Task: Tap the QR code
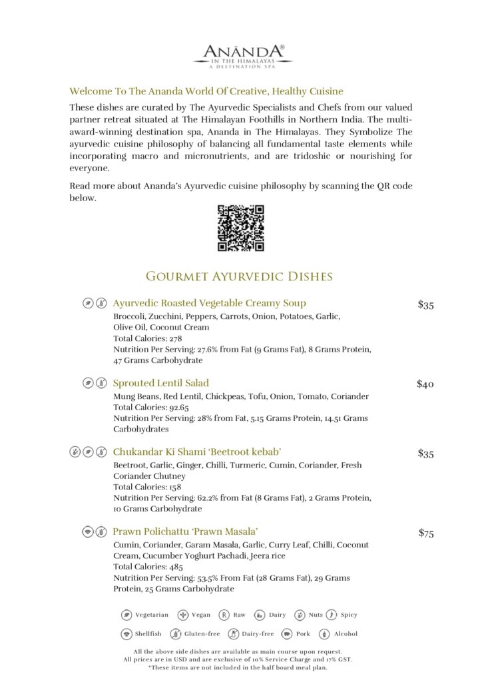pyautogui.click(x=241, y=228)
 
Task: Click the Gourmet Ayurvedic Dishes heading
pyautogui.click(x=239, y=276)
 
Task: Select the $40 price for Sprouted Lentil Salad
pyautogui.click(x=425, y=384)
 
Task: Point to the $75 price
pyautogui.click(x=425, y=533)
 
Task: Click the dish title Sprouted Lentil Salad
pyautogui.click(x=160, y=383)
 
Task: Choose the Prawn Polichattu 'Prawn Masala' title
pyautogui.click(x=185, y=531)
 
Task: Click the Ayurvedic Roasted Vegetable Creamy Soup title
pyautogui.click(x=209, y=303)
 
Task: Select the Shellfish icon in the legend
pyautogui.click(x=126, y=634)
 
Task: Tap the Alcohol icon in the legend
pyautogui.click(x=324, y=634)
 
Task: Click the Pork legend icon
pyautogui.click(x=287, y=634)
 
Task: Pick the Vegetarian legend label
pyautogui.click(x=152, y=615)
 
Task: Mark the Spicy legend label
pyautogui.click(x=349, y=615)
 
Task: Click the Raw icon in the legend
pyautogui.click(x=224, y=615)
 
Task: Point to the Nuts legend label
pyautogui.click(x=316, y=615)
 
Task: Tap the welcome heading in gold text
pyautogui.click(x=206, y=91)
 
